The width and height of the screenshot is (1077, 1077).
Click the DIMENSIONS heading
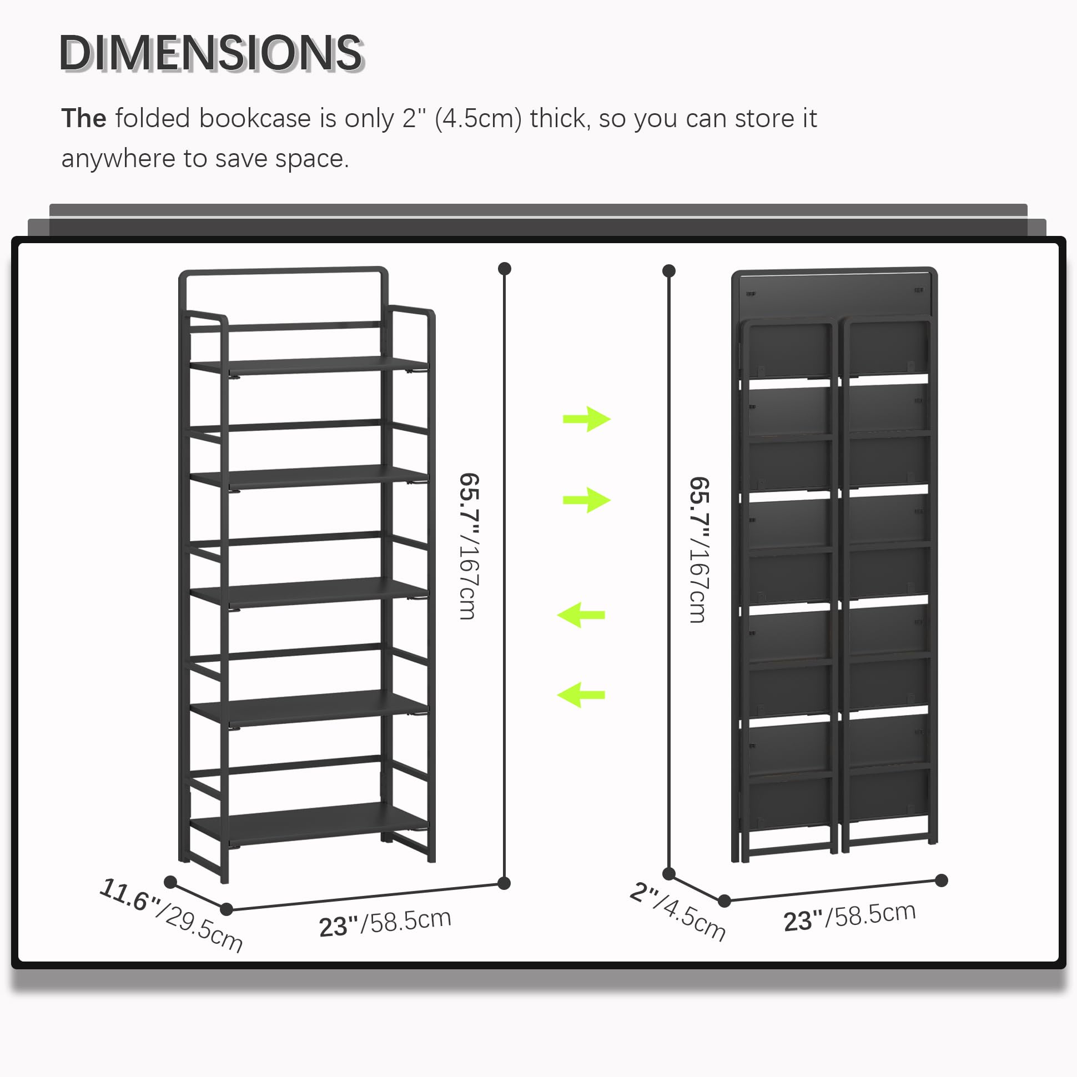[x=212, y=53]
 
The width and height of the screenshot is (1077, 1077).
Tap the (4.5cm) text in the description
[x=478, y=119]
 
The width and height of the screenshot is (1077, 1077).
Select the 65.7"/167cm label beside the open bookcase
[x=469, y=546]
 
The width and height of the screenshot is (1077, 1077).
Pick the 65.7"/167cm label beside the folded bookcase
[x=699, y=550]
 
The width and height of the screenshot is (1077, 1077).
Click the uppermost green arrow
[x=587, y=419]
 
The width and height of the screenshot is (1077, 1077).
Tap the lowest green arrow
[x=581, y=694]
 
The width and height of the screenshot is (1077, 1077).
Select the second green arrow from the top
[x=587, y=500]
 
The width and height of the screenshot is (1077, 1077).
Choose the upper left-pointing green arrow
[x=581, y=615]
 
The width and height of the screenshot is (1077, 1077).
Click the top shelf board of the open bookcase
[x=309, y=365]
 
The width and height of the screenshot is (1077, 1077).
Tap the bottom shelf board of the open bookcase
[x=309, y=823]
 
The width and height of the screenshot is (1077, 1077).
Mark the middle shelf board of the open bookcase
[x=309, y=592]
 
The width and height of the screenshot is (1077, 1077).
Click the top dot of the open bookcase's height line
[x=505, y=269]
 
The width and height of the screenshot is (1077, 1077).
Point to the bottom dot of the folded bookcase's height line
[x=669, y=873]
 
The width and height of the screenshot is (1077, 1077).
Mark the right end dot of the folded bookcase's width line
[x=942, y=880]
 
